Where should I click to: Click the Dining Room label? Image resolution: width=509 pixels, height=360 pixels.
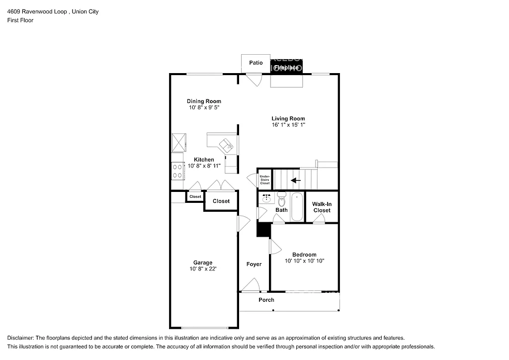coord(204,101)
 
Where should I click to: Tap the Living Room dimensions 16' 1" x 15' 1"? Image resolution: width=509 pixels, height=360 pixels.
coord(288,125)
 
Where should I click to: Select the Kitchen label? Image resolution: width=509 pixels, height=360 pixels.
coord(204,160)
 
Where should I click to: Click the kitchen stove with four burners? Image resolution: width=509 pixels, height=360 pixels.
coord(177,171)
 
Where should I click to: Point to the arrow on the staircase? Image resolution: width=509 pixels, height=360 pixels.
coord(296,180)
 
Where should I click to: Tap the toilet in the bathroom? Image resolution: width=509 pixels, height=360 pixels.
coord(281,200)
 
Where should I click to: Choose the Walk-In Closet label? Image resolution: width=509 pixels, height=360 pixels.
coord(322,207)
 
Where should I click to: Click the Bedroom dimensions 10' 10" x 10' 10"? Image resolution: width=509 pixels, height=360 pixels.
coord(304,261)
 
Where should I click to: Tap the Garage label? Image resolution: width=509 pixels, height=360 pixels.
coord(203,263)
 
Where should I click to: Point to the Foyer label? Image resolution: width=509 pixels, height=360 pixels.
coord(254,264)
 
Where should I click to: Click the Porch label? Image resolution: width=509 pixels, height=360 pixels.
coord(266,300)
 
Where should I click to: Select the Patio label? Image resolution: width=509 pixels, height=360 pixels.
coord(256,63)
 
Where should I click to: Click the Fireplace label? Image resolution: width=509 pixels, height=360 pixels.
coord(287,67)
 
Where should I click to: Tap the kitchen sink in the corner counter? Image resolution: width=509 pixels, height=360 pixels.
coord(227,145)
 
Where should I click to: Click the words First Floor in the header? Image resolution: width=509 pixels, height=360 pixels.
coord(20,20)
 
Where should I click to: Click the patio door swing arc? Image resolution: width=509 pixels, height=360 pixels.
coord(255,80)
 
